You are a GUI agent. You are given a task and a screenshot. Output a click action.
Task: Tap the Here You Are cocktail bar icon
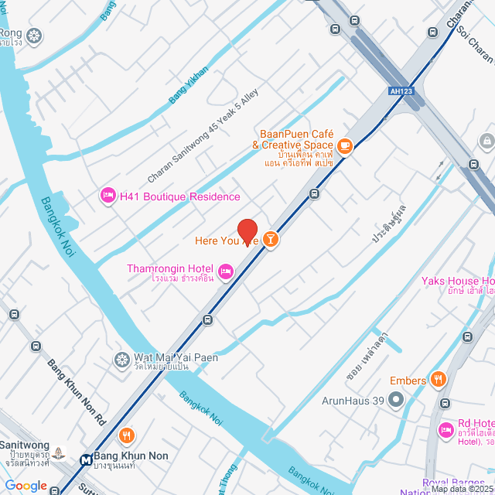[271, 240]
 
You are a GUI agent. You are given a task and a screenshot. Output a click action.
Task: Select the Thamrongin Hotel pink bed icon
[226, 270]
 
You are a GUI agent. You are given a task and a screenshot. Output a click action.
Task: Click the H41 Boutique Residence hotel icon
[108, 196]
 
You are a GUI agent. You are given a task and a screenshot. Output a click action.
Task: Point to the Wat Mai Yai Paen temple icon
[121, 359]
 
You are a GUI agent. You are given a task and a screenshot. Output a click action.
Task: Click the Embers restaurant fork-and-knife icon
[439, 379]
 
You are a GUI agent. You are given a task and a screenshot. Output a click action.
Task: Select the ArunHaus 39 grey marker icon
[396, 400]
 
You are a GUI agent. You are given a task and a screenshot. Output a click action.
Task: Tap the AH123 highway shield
[399, 91]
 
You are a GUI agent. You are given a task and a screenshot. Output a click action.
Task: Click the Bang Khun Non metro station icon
[84, 459]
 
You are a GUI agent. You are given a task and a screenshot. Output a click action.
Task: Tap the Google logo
[26, 486]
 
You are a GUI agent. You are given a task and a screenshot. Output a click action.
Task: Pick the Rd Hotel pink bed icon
[445, 429]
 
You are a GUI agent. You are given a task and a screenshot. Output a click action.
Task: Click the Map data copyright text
[461, 489]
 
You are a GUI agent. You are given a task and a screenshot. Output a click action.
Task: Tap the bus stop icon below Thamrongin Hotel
[207, 319]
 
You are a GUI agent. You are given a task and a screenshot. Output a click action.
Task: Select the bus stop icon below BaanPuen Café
[314, 194]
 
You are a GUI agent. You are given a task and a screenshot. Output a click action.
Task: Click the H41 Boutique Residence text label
[179, 196]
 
